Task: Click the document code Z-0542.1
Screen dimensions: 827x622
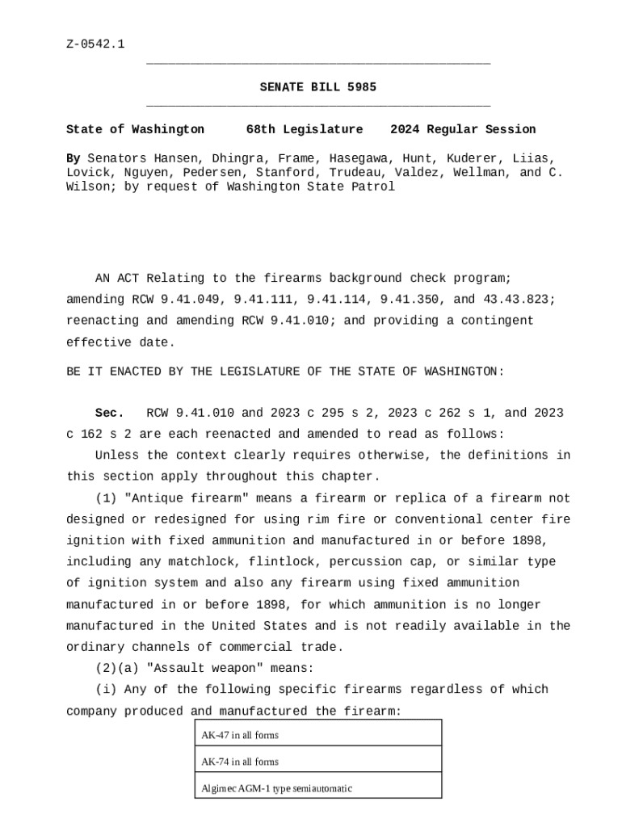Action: pyautogui.click(x=95, y=44)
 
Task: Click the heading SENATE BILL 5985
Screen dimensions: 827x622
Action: pyautogui.click(x=317, y=87)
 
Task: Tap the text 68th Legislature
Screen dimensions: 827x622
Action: pyautogui.click(x=305, y=129)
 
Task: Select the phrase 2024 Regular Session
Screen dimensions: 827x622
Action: pyautogui.click(x=463, y=129)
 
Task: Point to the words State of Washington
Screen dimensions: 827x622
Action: pyautogui.click(x=135, y=129)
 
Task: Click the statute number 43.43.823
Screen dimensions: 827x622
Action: pyautogui.click(x=519, y=300)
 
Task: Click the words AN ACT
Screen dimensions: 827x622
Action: pyautogui.click(x=117, y=279)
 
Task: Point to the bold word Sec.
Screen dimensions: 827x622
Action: pyautogui.click(x=109, y=413)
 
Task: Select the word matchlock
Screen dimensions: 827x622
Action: pyautogui.click(x=204, y=562)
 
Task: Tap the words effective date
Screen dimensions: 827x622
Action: pyautogui.click(x=120, y=342)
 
